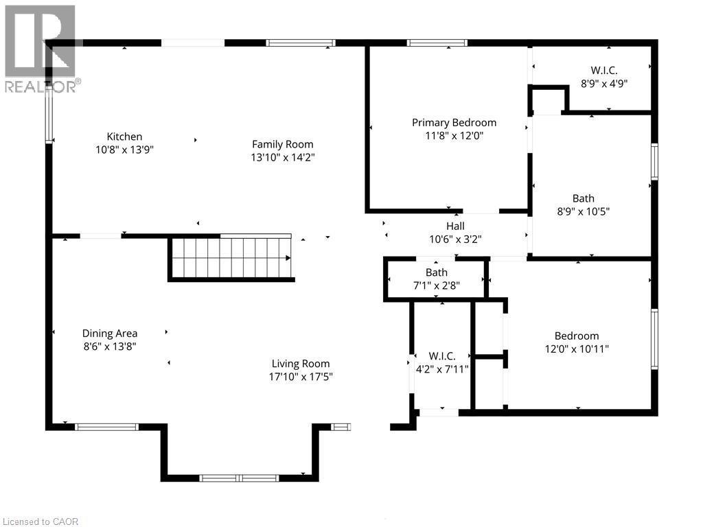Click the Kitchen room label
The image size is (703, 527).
[x=124, y=137]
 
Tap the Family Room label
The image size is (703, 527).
[x=282, y=144]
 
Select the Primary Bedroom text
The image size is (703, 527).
[x=454, y=123]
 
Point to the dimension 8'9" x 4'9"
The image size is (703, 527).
[x=604, y=83]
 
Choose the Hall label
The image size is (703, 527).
[x=455, y=226]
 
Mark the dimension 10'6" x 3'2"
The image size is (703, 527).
[x=455, y=239]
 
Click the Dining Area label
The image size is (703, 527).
[x=110, y=333]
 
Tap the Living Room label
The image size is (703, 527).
[x=300, y=364]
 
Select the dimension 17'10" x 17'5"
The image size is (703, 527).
[x=300, y=377]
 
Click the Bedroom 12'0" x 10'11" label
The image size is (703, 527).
[x=577, y=336]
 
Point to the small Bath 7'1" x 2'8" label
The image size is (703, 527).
[x=436, y=272]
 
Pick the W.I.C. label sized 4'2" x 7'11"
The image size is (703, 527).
[x=441, y=355]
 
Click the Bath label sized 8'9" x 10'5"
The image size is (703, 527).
[x=584, y=199]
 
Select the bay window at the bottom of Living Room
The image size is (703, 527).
[x=240, y=477]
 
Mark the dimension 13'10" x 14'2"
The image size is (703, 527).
[x=282, y=157]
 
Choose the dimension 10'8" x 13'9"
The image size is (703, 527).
[x=124, y=150]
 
